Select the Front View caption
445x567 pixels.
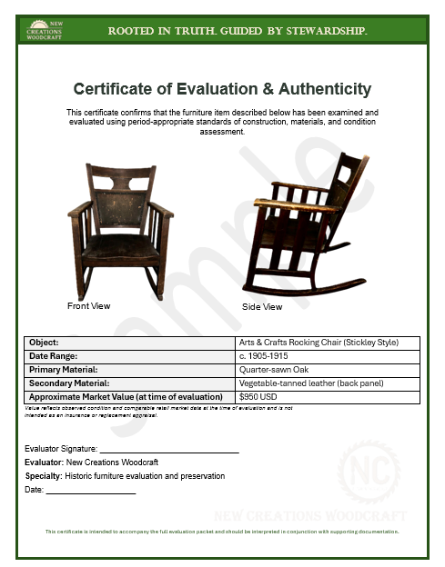point(88,306)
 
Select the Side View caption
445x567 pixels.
point(262,307)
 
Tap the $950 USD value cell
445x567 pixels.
point(258,397)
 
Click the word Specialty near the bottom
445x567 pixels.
point(43,476)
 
